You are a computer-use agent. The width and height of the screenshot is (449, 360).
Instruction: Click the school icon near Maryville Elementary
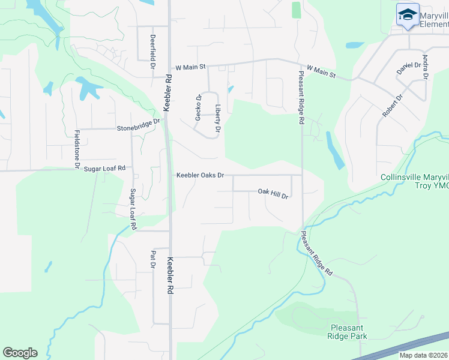coord(408,15)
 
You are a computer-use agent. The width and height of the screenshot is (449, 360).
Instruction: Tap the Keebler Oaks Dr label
coord(200,175)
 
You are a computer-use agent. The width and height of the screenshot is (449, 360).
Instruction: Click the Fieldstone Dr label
coord(77,148)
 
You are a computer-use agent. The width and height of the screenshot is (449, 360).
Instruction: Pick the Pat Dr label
coord(153,259)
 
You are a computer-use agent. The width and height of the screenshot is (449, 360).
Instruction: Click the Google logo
coord(20,353)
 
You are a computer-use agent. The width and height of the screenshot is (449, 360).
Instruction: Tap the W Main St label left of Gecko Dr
coord(190,67)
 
